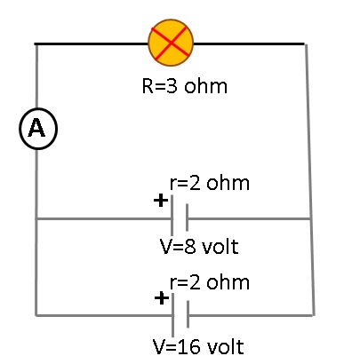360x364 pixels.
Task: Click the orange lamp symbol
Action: tap(171, 43)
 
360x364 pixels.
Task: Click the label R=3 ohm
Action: tap(185, 86)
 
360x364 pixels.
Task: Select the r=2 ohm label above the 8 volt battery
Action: tap(210, 183)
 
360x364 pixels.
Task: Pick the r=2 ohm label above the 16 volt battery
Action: tap(210, 282)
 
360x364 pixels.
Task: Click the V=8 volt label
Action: tap(199, 247)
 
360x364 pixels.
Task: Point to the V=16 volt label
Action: tap(198, 346)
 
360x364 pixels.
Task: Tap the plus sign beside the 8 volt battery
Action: tap(161, 201)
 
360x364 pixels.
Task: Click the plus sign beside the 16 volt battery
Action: tap(162, 298)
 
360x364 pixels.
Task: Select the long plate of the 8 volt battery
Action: tap(172, 215)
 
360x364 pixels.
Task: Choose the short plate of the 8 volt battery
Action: tap(187, 218)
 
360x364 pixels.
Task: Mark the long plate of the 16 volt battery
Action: tap(173, 315)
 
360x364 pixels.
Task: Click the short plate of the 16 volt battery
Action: tap(188, 314)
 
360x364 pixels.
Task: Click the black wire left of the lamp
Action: tap(92, 44)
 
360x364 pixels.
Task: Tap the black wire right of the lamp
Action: tap(249, 44)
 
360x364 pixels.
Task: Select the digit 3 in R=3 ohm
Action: tap(172, 86)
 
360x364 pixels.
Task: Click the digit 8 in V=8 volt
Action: tap(190, 247)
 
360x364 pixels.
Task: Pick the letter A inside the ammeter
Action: tap(36, 128)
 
